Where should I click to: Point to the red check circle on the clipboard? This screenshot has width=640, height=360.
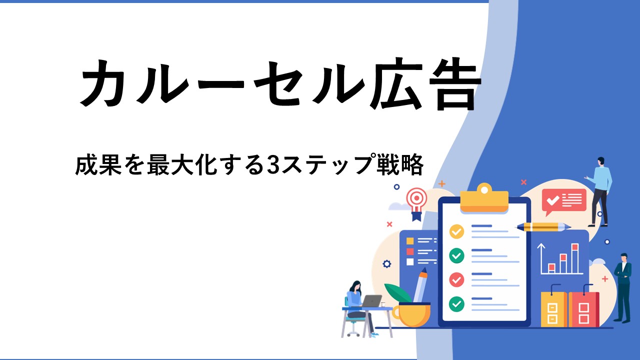coord(456,279)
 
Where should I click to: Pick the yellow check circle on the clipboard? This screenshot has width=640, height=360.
coord(456,231)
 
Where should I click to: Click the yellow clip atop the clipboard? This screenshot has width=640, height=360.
coord(484,198)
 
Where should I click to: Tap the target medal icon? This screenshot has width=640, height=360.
coord(417,203)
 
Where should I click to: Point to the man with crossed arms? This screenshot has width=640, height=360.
coord(623,287)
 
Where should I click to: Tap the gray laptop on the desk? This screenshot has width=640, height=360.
coord(371,301)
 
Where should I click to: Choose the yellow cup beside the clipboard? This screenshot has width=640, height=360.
coord(411,314)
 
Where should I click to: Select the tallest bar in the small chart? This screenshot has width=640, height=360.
coord(575,258)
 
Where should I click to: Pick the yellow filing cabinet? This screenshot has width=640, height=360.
coord(553,309)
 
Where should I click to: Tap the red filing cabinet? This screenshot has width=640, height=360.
coord(583,309)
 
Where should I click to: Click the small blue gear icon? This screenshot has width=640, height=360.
coord(386,263)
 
